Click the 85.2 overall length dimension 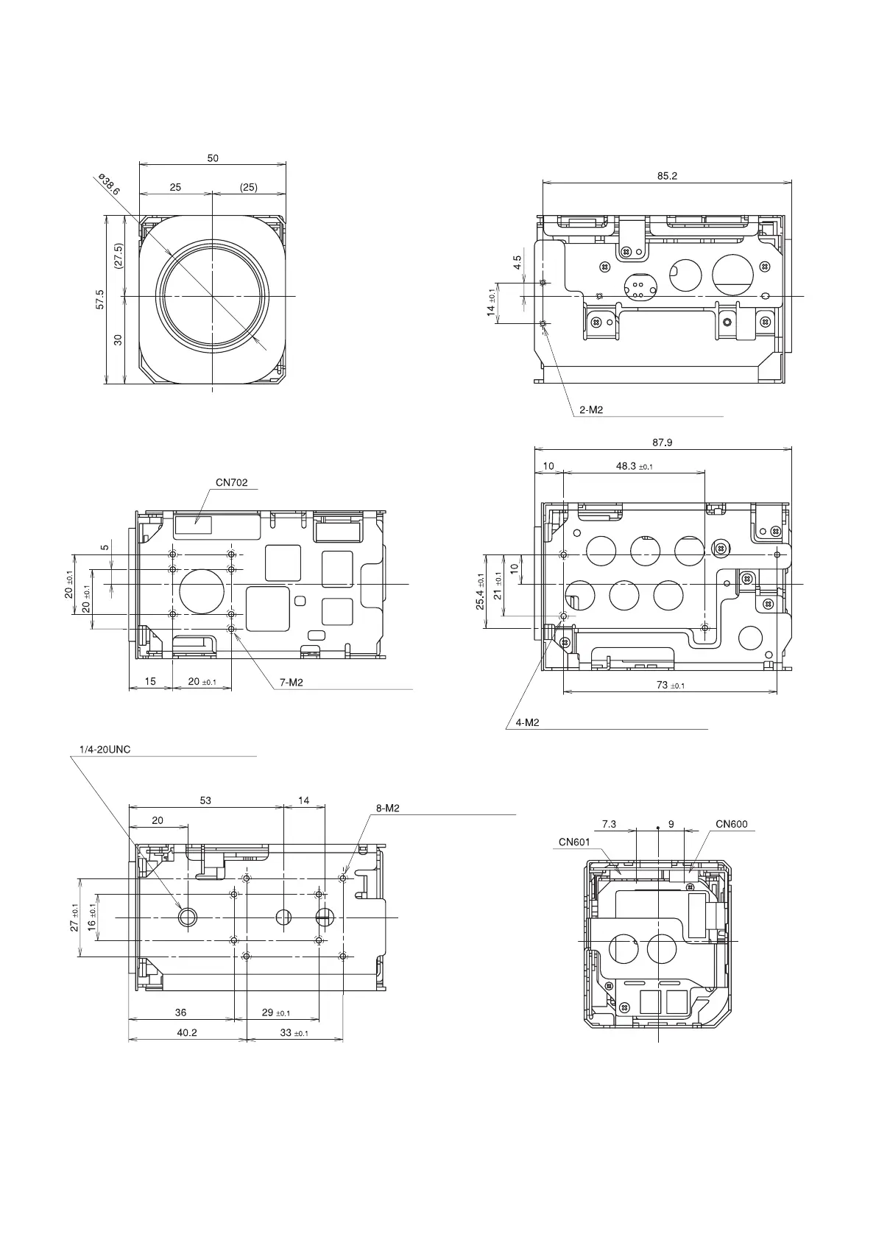click(667, 176)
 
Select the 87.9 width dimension click(663, 443)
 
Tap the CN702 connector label click(231, 483)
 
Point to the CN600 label click(731, 824)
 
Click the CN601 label click(574, 842)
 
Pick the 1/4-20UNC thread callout click(105, 750)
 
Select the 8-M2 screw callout click(387, 808)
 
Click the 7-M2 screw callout click(291, 683)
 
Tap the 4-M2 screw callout click(527, 722)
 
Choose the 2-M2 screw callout click(590, 410)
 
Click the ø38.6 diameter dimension click(108, 185)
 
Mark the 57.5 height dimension click(100, 299)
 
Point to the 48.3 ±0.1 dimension click(634, 466)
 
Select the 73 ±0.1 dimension click(670, 685)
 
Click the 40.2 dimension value click(187, 1032)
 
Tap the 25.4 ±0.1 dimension click(481, 591)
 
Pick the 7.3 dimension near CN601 click(609, 824)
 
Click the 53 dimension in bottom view click(205, 800)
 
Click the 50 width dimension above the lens click(213, 158)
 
